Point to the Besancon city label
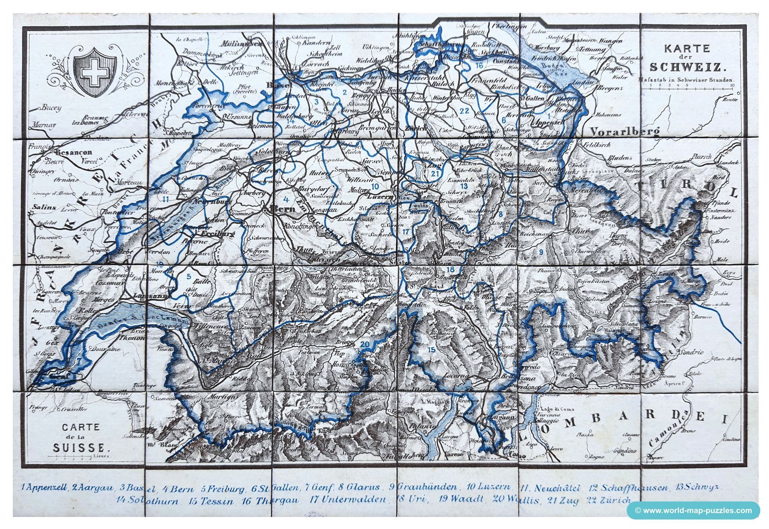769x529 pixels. point(74,152)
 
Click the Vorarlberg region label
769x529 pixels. point(624,132)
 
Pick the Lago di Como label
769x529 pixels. point(556,409)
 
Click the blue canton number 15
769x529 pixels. point(431,350)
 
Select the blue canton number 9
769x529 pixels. point(541,252)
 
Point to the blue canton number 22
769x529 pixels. point(464,111)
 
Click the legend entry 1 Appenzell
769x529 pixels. point(44,487)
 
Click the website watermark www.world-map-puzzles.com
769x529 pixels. point(693,511)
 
